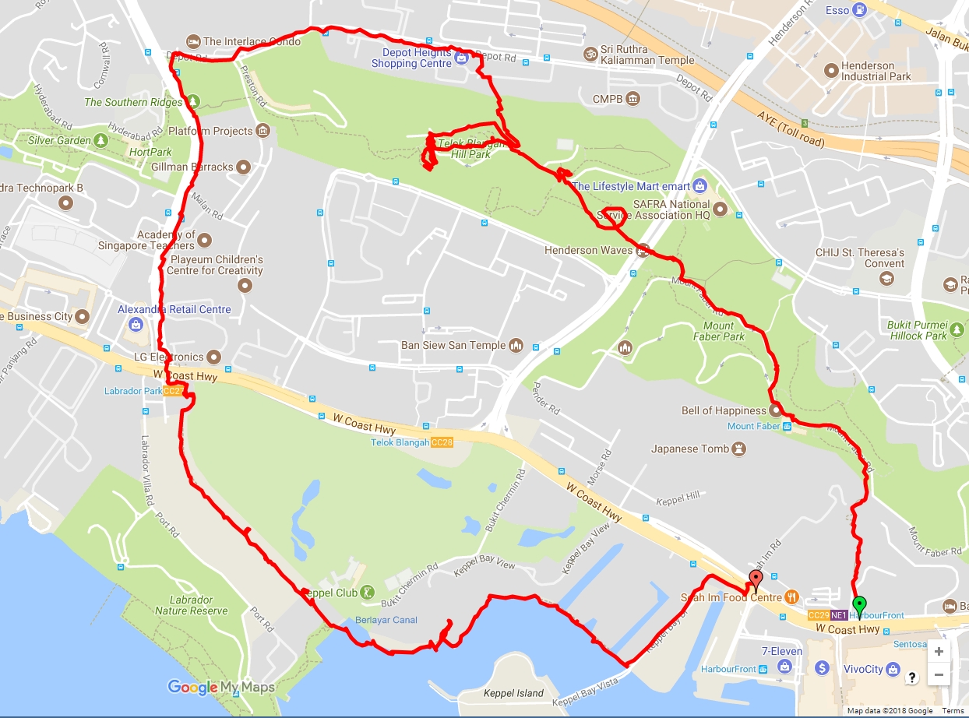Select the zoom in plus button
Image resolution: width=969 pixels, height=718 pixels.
pos(939,651)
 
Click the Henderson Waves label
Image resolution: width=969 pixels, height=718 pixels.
pos(588,251)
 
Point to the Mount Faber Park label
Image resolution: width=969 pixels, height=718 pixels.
pos(719,331)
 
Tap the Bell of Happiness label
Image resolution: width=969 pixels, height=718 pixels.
pos(724,410)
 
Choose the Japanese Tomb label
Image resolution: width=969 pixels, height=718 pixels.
pos(690,449)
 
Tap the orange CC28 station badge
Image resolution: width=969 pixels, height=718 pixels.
pos(441,442)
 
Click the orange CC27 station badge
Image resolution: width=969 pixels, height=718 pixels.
pos(174,391)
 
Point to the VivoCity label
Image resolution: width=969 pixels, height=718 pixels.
pos(863,669)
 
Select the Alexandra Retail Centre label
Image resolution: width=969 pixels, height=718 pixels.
pos(174,309)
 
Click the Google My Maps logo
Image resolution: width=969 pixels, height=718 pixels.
pos(221,687)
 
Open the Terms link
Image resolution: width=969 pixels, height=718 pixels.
pos(953,711)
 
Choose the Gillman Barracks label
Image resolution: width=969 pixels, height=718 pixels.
pos(192,167)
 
